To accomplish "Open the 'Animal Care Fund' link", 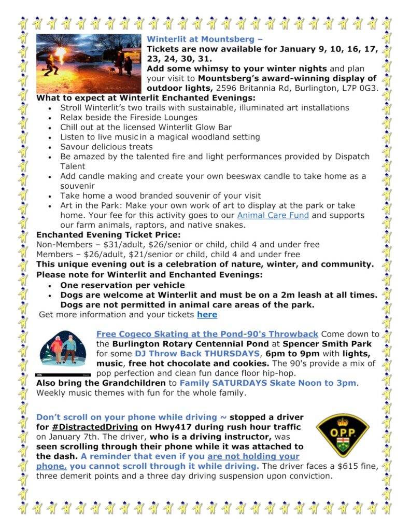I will [273, 215].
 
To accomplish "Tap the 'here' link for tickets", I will [207, 315].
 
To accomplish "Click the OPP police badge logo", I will [343, 435].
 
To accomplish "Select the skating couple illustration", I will [63, 351].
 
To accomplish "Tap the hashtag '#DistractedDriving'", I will [95, 427].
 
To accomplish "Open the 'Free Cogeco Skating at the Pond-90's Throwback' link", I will [207, 334].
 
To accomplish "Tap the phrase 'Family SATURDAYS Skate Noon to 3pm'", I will [268, 383].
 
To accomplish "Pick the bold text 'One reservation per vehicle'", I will [122, 285].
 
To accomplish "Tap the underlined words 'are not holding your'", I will [253, 456].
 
